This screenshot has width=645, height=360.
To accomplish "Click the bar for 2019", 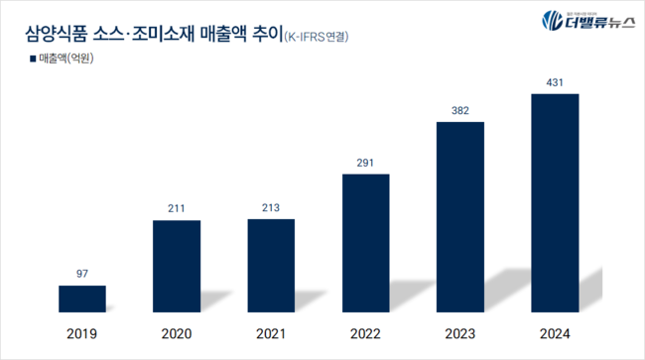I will tap(81, 300).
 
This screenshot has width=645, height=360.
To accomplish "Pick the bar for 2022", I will tap(365, 244).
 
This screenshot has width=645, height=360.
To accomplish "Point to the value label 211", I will tap(177, 208).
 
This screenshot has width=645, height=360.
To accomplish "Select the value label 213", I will tap(271, 207).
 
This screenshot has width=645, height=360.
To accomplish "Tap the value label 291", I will tap(365, 162).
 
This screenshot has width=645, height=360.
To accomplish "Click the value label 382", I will tap(460, 109).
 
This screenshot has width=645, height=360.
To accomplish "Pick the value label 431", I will tap(555, 81).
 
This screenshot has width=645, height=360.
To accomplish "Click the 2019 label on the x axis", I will tap(81, 334).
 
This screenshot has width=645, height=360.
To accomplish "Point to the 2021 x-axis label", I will tap(271, 334).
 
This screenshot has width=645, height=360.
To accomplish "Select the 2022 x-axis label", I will tap(365, 334).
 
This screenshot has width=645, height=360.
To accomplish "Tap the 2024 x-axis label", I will tap(555, 334).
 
